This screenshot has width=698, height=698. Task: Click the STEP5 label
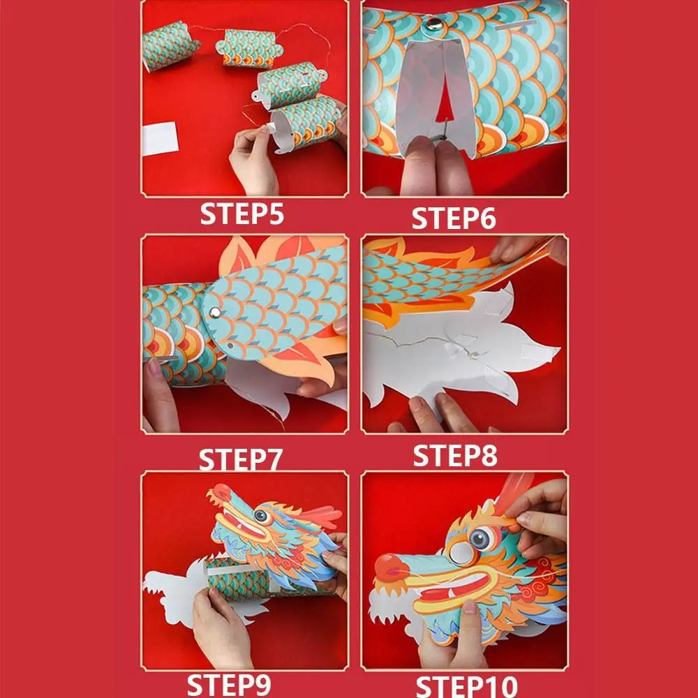coord(242,214)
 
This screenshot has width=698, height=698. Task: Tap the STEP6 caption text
coord(453,218)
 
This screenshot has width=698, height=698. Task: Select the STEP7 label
coord(241,461)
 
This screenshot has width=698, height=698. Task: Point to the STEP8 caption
coord(455,455)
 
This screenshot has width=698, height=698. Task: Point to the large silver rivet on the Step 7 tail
coord(215,310)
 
